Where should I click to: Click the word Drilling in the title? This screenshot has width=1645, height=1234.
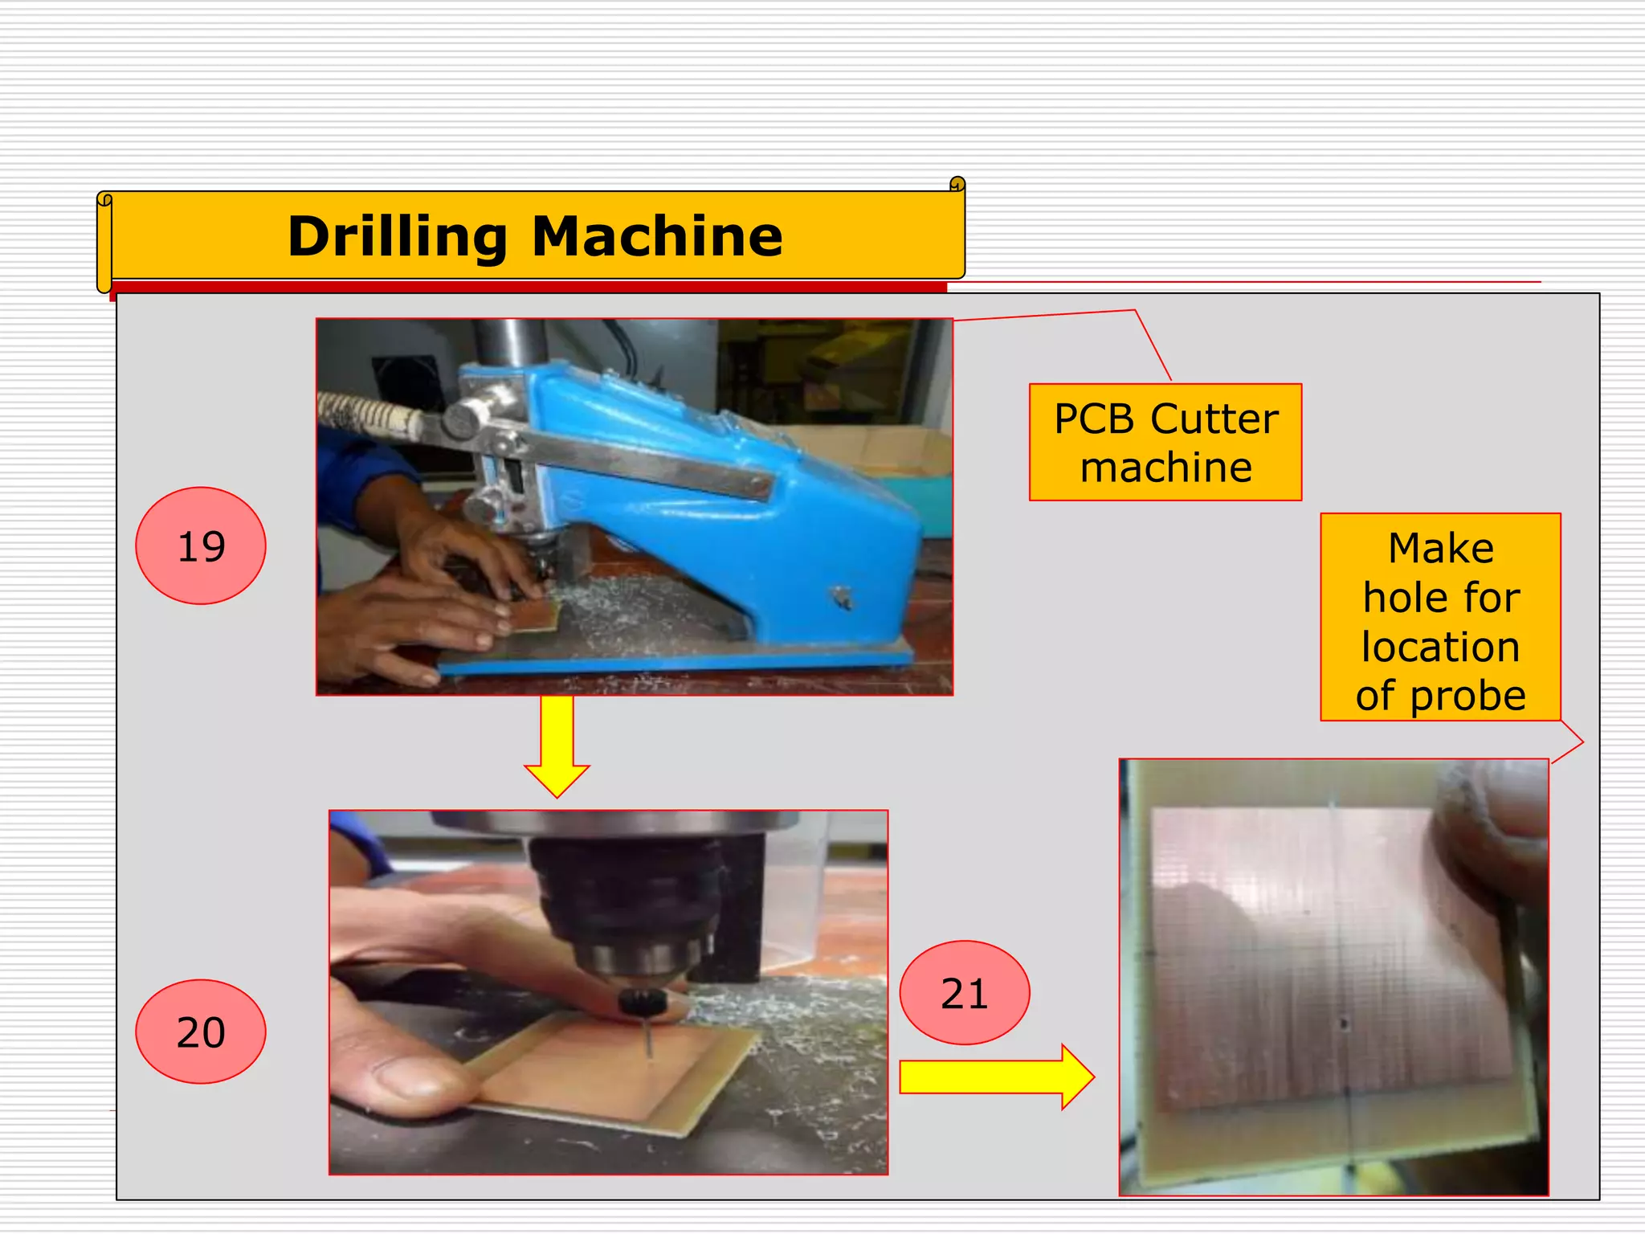pos(398,237)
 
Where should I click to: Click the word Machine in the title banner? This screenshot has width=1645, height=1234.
pos(657,237)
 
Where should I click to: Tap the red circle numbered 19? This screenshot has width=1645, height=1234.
pos(201,545)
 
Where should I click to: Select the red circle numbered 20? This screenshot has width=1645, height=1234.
pos(201,1032)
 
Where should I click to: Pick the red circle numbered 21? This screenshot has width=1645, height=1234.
pos(964,993)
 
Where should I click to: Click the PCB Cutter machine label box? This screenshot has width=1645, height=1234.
pos(1165,443)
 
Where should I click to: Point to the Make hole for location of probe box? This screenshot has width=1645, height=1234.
pos(1440,617)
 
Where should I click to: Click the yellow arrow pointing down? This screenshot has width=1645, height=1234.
pos(557,747)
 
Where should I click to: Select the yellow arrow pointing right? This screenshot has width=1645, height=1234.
pos(996,1077)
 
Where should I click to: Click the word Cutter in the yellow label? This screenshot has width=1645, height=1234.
pos(1214,419)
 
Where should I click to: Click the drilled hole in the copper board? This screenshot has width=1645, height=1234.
pos(1344,1024)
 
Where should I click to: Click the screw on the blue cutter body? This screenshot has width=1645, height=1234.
pos(842,596)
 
